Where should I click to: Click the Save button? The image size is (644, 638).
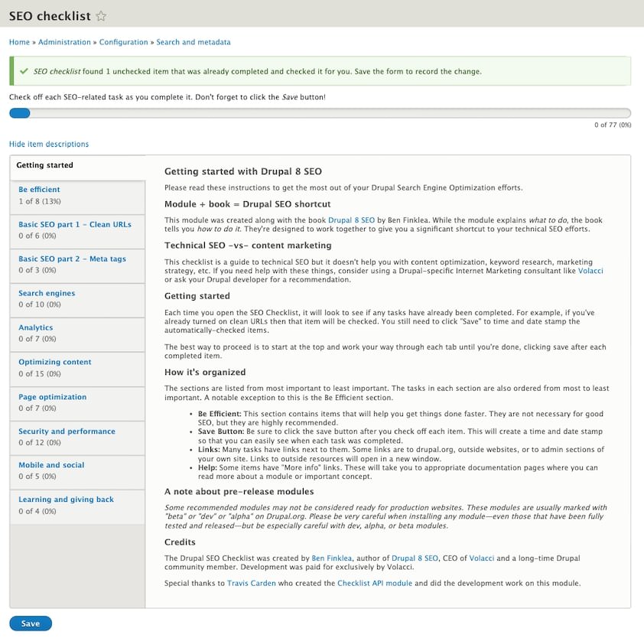point(31,623)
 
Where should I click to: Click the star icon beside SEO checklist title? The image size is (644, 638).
point(102,16)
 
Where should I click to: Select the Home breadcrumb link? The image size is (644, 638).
point(19,42)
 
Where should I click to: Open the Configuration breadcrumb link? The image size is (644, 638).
point(123,42)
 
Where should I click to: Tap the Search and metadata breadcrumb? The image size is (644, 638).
point(193,42)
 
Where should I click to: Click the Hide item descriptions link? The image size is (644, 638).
point(49,144)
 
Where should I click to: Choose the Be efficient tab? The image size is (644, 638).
point(39,190)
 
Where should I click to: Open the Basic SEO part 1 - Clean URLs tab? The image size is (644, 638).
point(75,224)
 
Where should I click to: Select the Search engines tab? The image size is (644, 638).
point(47,293)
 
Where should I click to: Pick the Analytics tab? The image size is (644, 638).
point(36,327)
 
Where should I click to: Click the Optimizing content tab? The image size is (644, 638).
point(55,362)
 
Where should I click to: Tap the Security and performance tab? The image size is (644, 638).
point(67,431)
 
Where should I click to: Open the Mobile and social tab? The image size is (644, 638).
point(51,465)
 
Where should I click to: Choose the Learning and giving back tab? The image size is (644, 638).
point(66,500)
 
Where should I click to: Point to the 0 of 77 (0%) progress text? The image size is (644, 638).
point(613,125)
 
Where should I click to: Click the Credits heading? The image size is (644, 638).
point(181,542)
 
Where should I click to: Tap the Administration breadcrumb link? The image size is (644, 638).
point(65,42)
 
